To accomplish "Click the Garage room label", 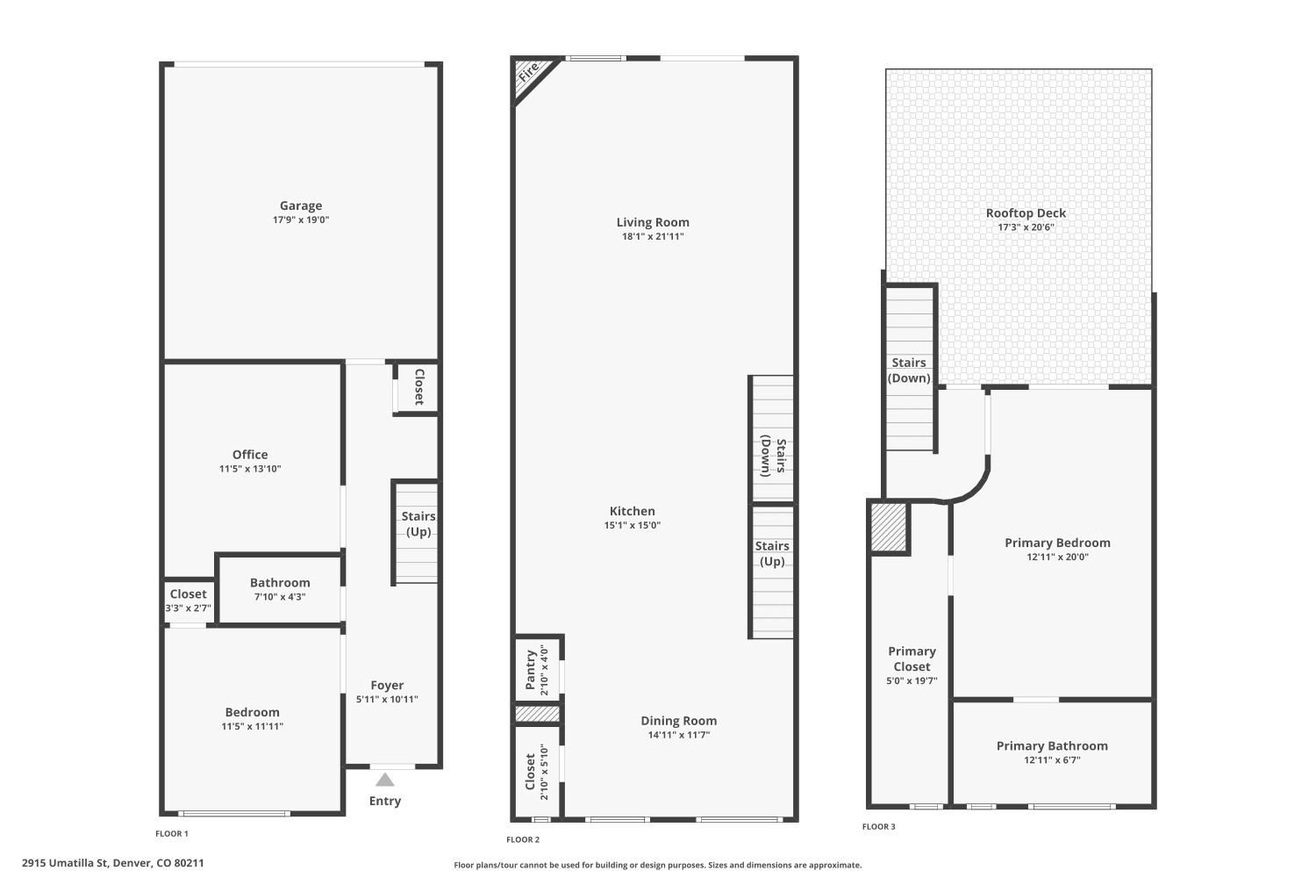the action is point(301,205).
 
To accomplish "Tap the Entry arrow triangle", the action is point(385,780).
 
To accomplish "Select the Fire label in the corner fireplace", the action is point(528,72).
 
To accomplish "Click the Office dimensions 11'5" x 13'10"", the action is point(250,469).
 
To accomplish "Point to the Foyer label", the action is point(387,685).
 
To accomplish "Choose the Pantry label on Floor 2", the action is point(531,670).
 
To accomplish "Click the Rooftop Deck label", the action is point(1026,212).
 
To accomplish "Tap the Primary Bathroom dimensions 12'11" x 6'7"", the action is point(1052,759).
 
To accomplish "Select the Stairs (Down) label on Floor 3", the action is point(909,371).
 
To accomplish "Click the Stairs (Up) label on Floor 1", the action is point(418,524).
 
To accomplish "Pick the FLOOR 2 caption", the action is point(523,839).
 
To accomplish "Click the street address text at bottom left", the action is point(113,863).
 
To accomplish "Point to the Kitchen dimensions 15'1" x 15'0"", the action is point(633,525).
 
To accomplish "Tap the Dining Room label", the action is point(678,720).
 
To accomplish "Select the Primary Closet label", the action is point(912,658).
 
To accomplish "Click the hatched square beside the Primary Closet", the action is point(888,528).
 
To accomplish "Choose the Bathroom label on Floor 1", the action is point(280,583).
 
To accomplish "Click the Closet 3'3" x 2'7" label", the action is point(188,601).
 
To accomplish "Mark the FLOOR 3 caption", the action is point(879,826).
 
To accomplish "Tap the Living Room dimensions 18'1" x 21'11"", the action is point(653,236).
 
